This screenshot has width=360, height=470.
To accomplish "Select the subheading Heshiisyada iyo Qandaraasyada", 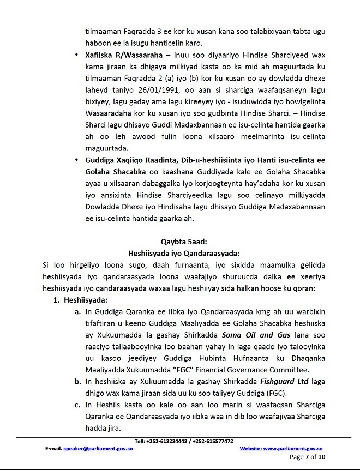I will (180, 253).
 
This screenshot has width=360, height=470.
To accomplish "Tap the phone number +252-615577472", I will (211, 441).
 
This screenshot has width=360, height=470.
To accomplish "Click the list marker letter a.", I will (78, 312).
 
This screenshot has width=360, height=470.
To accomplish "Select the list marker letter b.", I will (78, 373).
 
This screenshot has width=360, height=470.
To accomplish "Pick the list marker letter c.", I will (78, 404).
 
